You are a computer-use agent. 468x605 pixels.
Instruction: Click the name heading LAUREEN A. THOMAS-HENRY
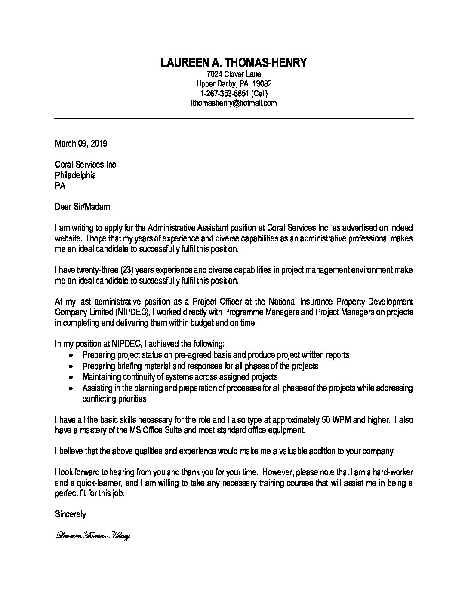[234, 63]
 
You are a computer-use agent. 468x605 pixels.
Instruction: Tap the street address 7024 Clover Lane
[234, 74]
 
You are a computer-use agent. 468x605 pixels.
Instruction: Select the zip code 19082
[262, 84]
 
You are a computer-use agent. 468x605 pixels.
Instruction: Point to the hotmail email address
[234, 103]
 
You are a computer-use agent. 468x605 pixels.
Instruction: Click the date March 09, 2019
[81, 144]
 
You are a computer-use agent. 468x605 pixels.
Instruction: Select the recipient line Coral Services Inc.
[86, 165]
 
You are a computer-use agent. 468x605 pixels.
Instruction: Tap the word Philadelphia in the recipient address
[75, 175]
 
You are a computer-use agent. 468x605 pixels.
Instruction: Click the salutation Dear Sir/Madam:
[83, 207]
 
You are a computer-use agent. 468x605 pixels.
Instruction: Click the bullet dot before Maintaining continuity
[71, 377]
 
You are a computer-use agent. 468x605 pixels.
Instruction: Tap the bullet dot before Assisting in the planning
[71, 388]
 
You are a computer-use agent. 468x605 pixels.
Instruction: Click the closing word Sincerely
[71, 514]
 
